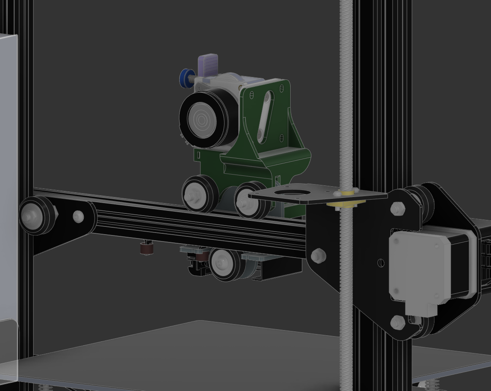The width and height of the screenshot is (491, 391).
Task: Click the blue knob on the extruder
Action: (x=185, y=78)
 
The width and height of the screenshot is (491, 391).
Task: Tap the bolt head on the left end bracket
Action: (x=78, y=216)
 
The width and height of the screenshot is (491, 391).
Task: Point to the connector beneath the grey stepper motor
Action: (x=421, y=307)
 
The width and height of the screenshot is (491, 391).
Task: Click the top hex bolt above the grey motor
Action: (x=397, y=209)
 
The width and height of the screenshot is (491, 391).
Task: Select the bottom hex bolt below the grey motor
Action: (x=398, y=322)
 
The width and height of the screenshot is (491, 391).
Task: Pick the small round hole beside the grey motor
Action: (x=380, y=262)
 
